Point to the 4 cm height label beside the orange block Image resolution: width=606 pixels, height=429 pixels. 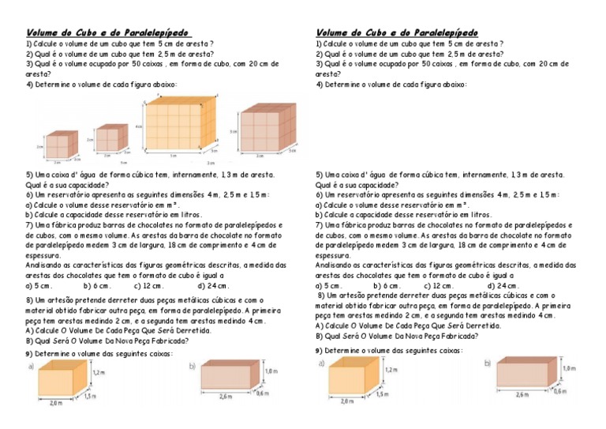point(137,126)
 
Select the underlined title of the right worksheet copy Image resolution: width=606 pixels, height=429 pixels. point(397,32)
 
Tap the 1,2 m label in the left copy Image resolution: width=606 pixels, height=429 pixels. point(99,371)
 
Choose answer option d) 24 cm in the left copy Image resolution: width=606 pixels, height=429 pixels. point(214,286)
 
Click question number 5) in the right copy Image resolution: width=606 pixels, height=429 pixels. point(320,174)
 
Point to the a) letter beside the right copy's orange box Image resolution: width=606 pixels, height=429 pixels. point(323,363)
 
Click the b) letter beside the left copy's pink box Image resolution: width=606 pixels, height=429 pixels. point(192,367)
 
